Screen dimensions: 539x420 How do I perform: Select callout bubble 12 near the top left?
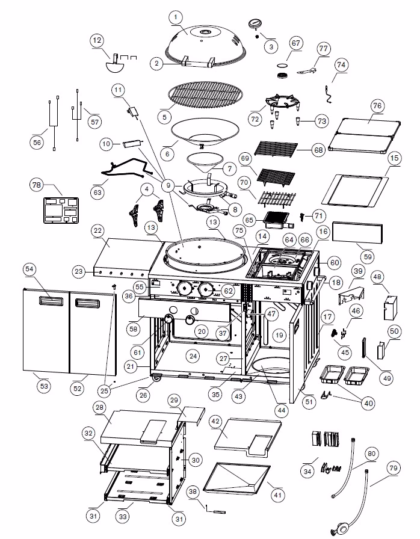[x=96, y=41]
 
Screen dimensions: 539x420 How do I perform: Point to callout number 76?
[x=377, y=106]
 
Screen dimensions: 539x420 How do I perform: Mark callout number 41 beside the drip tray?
[x=277, y=494]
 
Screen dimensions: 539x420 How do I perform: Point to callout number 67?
[x=295, y=43]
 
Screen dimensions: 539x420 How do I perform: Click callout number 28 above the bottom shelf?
[x=99, y=407]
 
